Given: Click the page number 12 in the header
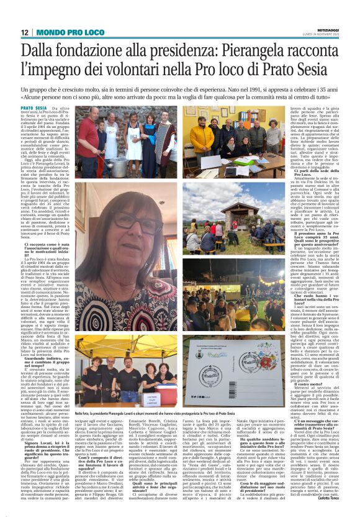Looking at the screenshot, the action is (x=24, y=32).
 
